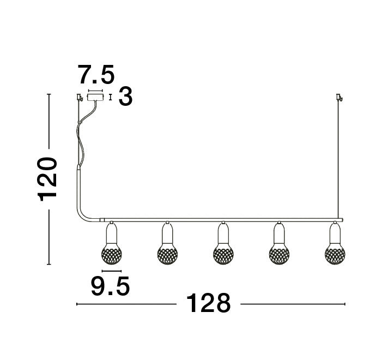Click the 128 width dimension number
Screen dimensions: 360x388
[209, 303]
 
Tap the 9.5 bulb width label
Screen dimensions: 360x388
[111, 285]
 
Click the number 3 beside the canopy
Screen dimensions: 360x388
[125, 98]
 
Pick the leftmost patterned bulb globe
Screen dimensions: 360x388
[111, 253]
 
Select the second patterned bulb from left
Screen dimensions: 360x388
[167, 253]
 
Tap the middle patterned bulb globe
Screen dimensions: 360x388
[222, 253]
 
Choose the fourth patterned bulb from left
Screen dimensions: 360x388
[279, 253]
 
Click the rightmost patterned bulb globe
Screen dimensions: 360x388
[335, 253]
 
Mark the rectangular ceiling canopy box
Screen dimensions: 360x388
[96, 98]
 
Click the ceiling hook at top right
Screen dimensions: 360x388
[339, 98]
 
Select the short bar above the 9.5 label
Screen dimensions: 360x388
[111, 271]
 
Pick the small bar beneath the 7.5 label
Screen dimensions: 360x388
[96, 92]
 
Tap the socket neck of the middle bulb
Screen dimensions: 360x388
[222, 233]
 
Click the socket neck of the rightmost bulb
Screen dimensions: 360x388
[335, 233]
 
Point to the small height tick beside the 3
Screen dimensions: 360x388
[111, 98]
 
